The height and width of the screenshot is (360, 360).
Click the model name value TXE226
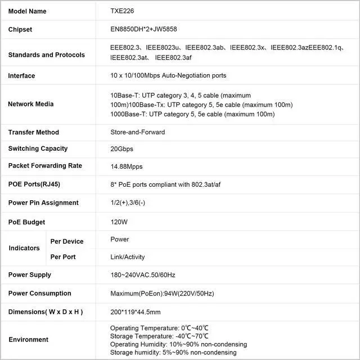click(123, 11)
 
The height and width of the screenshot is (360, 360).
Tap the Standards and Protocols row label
click(47, 55)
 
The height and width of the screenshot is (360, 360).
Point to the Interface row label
click(21, 76)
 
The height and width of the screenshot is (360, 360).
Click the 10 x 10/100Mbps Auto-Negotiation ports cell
click(168, 76)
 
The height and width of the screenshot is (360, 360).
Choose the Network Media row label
click(31, 104)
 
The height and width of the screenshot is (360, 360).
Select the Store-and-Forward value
click(137, 133)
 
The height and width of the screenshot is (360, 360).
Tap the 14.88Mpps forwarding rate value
click(127, 166)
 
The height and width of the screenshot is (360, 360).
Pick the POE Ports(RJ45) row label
click(34, 184)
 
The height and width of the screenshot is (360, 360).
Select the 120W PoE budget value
click(119, 222)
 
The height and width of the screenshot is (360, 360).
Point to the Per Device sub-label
click(67, 241)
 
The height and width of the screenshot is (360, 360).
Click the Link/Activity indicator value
click(128, 257)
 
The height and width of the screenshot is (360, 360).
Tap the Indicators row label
click(24, 248)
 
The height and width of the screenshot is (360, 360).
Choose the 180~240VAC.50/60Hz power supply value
click(143, 275)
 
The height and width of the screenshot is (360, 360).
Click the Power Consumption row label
click(40, 294)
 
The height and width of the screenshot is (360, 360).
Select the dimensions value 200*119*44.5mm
click(136, 312)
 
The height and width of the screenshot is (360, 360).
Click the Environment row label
click(29, 340)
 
